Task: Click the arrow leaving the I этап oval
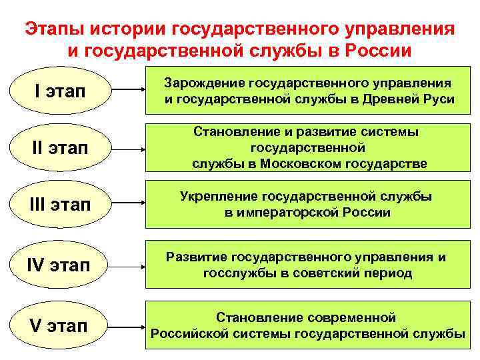point(127,91)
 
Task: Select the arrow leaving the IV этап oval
point(127,265)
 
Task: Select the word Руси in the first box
point(441,100)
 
